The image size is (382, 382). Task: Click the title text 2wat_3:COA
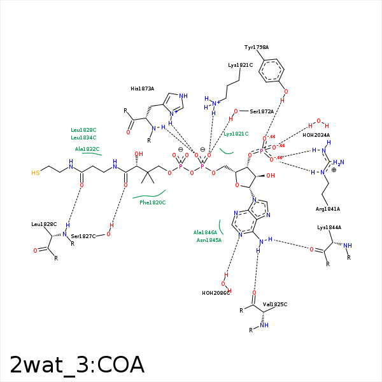click(x=77, y=365)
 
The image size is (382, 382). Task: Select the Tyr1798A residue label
click(x=257, y=47)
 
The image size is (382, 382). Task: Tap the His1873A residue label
click(x=142, y=88)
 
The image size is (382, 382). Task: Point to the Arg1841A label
click(x=328, y=209)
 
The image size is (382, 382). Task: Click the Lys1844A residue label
click(x=329, y=227)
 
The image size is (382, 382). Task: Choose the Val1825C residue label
click(x=275, y=304)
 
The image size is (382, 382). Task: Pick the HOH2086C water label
click(x=215, y=293)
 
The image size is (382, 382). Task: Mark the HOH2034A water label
click(x=316, y=135)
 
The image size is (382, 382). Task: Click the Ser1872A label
click(x=262, y=111)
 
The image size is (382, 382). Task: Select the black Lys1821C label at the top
click(x=240, y=65)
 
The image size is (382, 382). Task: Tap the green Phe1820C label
click(x=153, y=202)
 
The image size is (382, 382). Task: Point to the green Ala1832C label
click(x=87, y=149)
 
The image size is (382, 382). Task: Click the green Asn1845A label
click(x=209, y=240)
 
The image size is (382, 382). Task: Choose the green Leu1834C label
click(x=83, y=138)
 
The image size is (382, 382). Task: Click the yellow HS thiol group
click(x=36, y=173)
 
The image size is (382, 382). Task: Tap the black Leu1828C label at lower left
click(x=44, y=224)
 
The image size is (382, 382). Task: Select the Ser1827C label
click(x=83, y=236)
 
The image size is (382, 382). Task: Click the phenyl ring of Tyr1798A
click(x=272, y=70)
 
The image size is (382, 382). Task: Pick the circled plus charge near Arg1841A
click(x=334, y=170)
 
